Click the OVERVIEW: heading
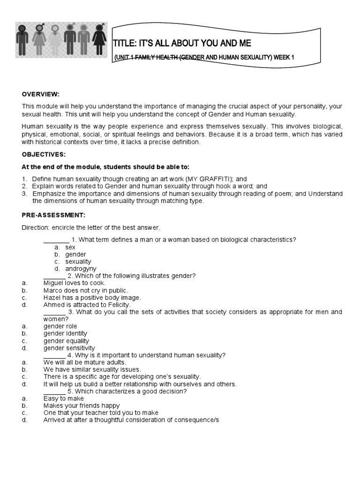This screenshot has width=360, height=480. point(41,94)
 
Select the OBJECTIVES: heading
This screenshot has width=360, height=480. point(44,154)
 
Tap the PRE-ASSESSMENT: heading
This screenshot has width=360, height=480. point(53,215)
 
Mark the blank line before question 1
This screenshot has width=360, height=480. point(56,240)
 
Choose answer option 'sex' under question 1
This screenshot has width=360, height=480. point(70,247)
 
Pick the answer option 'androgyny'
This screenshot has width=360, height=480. point(81,269)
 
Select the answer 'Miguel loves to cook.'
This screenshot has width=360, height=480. point(75,283)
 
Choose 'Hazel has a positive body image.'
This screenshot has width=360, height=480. point(92,298)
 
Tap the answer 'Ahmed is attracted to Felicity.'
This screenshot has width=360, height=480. point(87,305)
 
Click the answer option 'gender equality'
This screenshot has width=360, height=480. point(66,341)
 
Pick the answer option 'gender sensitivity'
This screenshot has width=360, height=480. point(69,348)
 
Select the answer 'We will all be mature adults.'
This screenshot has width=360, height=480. point(85,362)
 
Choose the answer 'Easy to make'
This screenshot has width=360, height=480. point(64,398)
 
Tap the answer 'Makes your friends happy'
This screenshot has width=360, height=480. point(82,405)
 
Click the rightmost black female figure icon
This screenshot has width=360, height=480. point(98,39)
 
